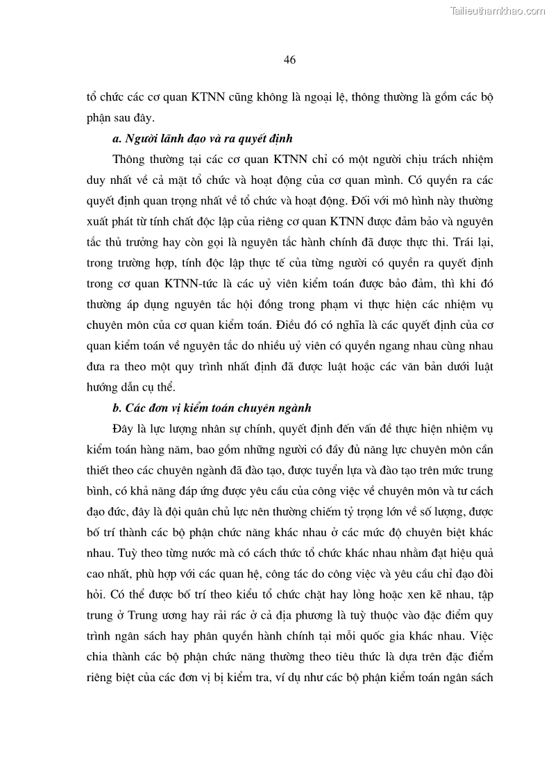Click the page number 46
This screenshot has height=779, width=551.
click(x=290, y=60)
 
